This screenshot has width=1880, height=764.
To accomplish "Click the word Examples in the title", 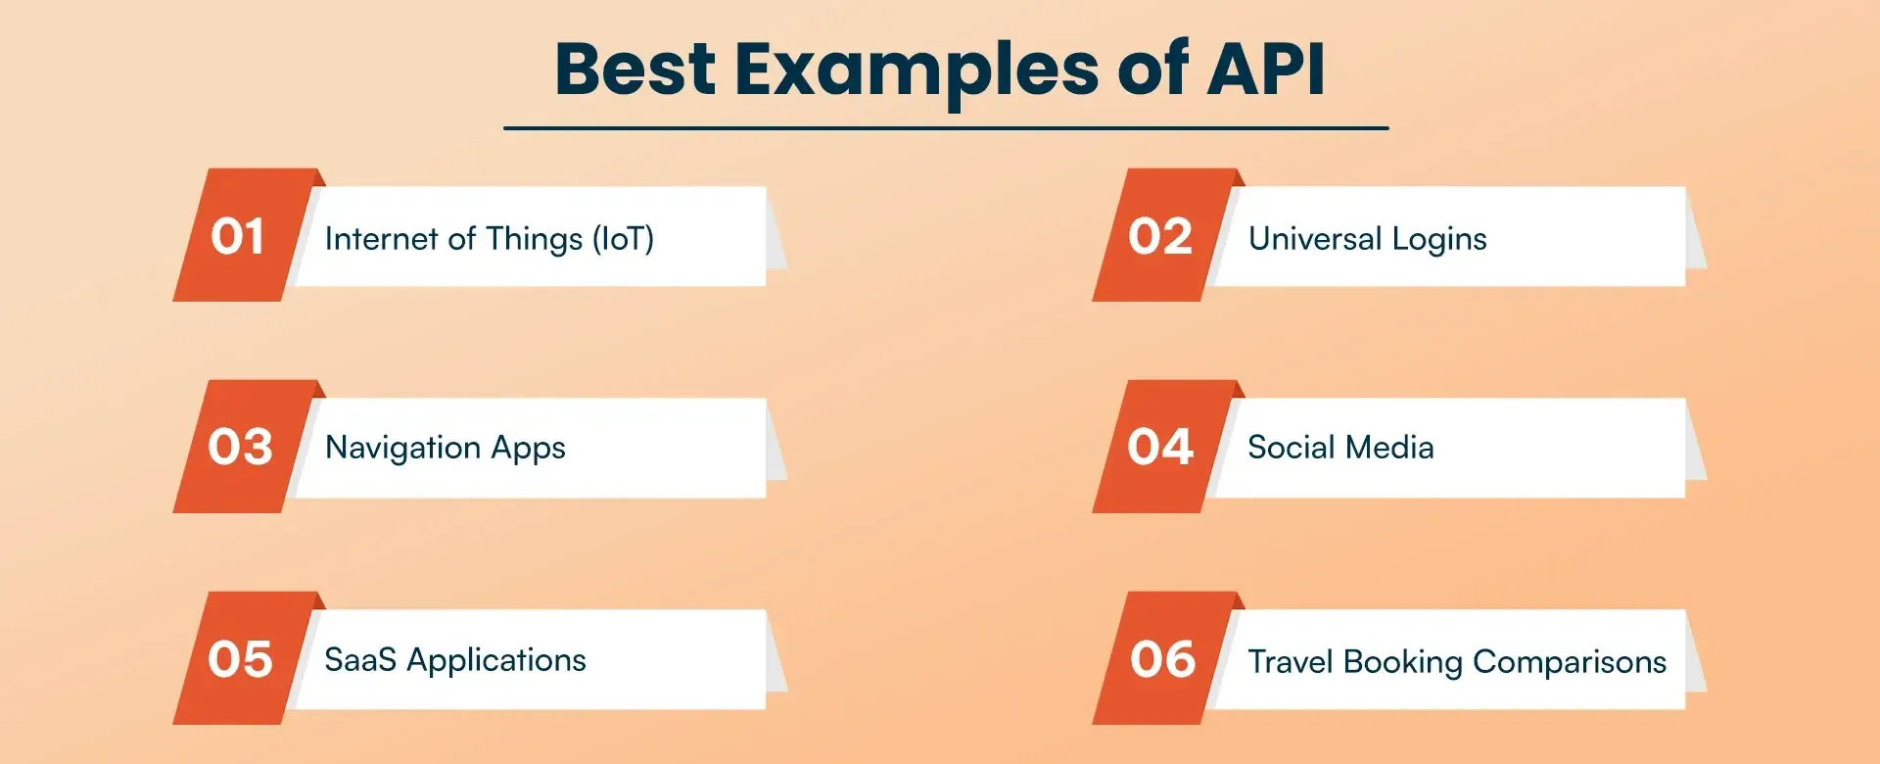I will pos(916,71).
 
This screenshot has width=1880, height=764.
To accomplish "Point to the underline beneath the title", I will pos(946,128).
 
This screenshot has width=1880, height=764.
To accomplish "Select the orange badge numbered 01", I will pos(238,236).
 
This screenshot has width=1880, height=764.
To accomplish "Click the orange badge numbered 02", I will pos(1159,236).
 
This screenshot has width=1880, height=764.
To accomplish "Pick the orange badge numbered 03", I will pos(240,447).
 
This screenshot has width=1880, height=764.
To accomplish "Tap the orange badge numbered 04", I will pos(1160,447).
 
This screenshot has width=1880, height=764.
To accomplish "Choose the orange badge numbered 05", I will pos(240,659).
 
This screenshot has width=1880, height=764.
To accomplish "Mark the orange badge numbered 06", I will pos(1162,659).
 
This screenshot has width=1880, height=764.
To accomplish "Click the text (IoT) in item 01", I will pos(623,239).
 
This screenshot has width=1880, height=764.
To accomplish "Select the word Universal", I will pos(1315,239).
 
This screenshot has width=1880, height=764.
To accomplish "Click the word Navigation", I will pos(402,449).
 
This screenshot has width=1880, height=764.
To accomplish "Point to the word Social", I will pos(1291,448).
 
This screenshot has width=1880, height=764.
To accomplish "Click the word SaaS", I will pos(360,660).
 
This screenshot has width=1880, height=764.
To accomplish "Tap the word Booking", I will pos(1403,663).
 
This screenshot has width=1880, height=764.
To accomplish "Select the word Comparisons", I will pos(1569,663).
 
